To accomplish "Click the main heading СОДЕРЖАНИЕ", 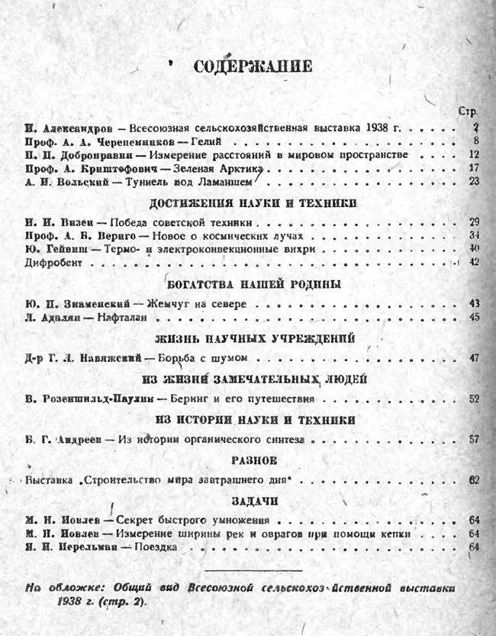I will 253,67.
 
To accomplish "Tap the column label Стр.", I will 468,111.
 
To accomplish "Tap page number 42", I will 474,263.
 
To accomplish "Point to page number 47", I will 474,357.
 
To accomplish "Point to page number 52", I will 474,399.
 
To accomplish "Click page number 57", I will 474,439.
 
